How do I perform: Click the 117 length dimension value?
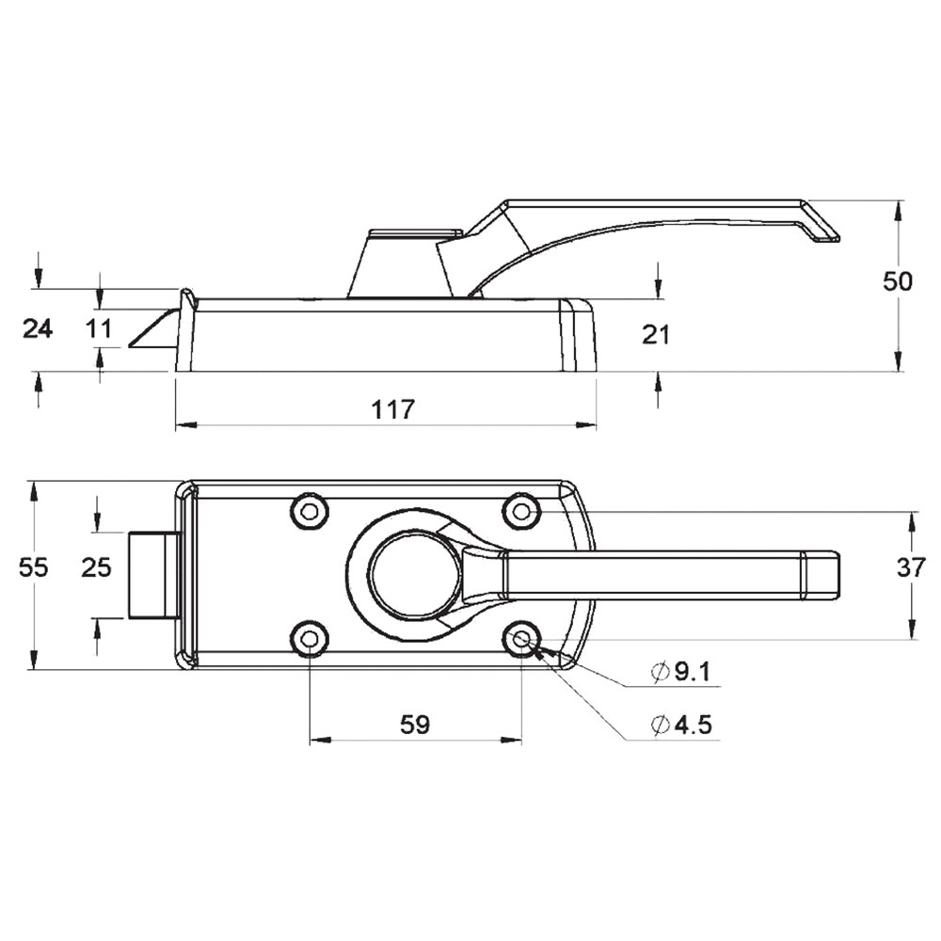coord(393,409)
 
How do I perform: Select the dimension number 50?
coord(897,280)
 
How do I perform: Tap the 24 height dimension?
coord(38,328)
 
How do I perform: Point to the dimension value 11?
coord(100,328)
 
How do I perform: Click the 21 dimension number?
coord(655,334)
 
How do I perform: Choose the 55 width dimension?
coord(33,567)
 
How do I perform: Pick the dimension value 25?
coord(97,567)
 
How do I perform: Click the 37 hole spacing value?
coord(912,567)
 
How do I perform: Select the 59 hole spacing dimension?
coord(415,725)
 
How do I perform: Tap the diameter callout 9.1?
coord(681,672)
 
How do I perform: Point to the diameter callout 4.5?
coord(681,725)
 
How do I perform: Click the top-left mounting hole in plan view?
coord(309,512)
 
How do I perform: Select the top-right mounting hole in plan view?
coord(522,512)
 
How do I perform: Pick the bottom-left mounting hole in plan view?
coord(309,639)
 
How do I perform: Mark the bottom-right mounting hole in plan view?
coord(522,639)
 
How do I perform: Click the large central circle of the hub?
coord(416,575)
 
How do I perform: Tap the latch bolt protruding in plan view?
coord(153,575)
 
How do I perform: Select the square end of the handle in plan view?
coord(821,575)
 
